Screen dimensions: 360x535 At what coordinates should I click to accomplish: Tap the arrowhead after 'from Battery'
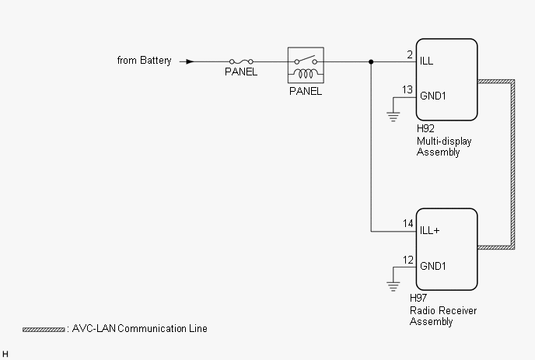[185, 61]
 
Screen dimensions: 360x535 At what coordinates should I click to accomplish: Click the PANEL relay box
[305, 65]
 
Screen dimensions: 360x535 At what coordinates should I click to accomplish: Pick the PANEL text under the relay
[305, 91]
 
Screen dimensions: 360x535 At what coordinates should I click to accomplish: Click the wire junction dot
[371, 61]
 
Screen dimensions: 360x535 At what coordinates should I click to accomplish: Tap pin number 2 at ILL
[409, 54]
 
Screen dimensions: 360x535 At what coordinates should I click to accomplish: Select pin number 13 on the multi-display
[407, 90]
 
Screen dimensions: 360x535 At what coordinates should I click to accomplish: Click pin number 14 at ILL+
[407, 224]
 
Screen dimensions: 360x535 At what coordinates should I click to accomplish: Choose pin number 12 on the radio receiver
[407, 260]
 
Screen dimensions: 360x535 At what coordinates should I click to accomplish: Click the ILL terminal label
[427, 61]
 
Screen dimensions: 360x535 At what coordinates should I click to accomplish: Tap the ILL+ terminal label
[430, 231]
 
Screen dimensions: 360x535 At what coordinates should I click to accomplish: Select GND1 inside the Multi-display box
[432, 96]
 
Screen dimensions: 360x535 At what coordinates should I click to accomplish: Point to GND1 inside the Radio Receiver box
[432, 266]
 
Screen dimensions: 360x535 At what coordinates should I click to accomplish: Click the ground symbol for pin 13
[393, 117]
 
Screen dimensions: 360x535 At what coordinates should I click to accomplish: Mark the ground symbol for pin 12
[393, 286]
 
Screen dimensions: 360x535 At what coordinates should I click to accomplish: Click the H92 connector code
[425, 128]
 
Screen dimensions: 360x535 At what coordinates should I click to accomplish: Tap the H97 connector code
[418, 298]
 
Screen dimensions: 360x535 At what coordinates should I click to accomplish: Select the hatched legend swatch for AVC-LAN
[44, 330]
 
